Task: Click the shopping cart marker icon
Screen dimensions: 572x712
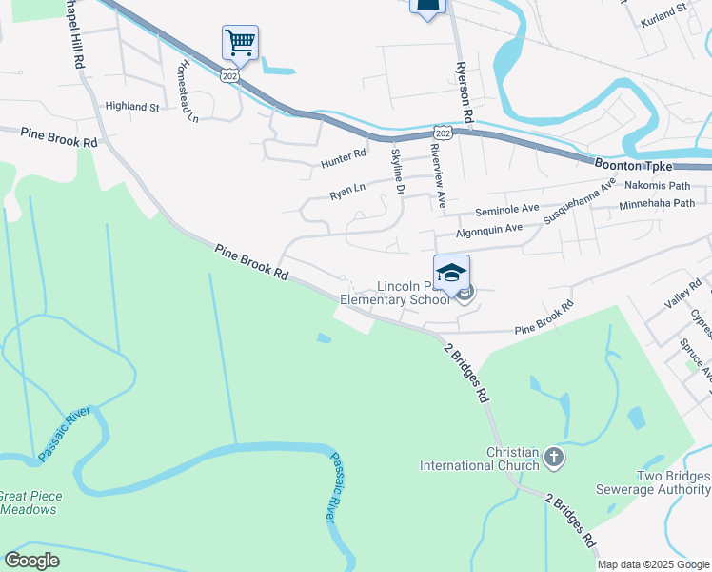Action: (x=240, y=42)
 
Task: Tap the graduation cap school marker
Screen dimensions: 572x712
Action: (x=451, y=272)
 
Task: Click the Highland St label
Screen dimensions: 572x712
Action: (x=132, y=107)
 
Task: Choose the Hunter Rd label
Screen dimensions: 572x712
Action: (x=344, y=159)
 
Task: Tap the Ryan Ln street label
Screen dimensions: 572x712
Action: (x=347, y=192)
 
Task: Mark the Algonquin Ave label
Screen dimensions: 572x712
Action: (x=489, y=229)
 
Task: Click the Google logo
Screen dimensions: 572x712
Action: (x=32, y=561)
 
